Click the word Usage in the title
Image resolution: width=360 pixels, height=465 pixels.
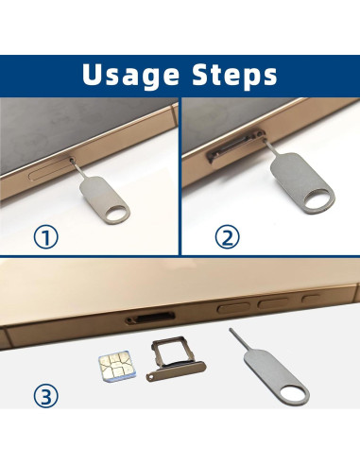pos(130,75)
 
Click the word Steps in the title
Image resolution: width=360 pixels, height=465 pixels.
pos(235,75)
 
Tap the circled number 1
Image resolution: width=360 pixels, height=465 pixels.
pos(46,237)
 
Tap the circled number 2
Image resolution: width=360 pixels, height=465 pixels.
pos(227,237)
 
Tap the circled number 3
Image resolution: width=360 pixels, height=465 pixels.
pos(46,396)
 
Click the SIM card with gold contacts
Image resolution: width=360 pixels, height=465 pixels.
pos(117,366)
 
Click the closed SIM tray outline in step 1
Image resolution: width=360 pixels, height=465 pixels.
pos(51,170)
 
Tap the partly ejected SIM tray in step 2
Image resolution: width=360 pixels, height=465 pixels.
pos(235,145)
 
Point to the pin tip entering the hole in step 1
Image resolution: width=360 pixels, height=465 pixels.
pos(73,160)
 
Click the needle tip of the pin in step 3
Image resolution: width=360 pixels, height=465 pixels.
pos(231,330)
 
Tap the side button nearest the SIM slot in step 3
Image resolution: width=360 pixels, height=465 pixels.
pos(233,308)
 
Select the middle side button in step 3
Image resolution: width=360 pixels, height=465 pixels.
pos(273,303)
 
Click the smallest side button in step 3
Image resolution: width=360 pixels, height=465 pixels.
pos(312,298)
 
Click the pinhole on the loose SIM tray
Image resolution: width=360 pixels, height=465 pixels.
pos(152,375)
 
